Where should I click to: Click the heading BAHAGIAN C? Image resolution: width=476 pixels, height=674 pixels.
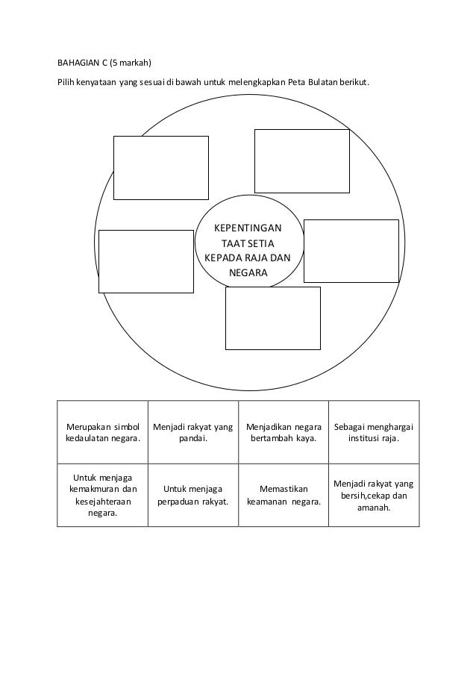[x=81, y=61]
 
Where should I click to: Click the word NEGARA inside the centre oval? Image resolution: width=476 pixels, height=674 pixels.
[x=248, y=273]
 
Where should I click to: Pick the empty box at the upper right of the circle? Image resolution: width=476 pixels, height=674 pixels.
[x=302, y=161]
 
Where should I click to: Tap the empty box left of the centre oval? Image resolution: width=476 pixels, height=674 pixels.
[x=146, y=261]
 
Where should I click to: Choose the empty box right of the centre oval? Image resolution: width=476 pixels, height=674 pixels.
[x=351, y=252]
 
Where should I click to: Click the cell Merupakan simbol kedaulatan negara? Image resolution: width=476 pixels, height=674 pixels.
[x=103, y=432]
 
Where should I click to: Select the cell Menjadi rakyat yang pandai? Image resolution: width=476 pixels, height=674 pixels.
[x=193, y=432]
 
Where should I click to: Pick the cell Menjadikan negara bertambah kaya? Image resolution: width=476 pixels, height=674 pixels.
[x=284, y=432]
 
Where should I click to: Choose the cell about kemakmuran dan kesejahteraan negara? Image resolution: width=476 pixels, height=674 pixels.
[x=103, y=495]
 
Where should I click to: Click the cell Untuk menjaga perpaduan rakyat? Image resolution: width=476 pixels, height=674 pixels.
[x=193, y=495]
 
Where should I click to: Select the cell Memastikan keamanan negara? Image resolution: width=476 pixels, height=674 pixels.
[x=284, y=495]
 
